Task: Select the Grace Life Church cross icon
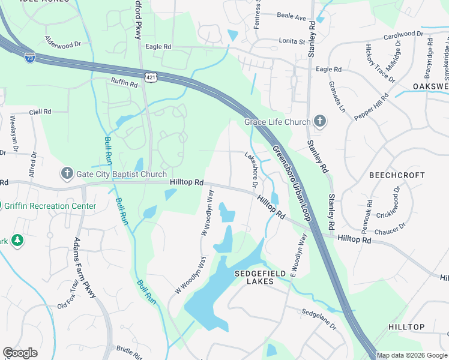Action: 320,122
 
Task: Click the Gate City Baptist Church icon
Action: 67,174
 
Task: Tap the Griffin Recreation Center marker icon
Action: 2,206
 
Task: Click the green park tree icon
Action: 17,241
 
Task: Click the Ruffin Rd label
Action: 124,83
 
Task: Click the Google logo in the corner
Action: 20,352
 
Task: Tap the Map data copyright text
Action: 411,355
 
